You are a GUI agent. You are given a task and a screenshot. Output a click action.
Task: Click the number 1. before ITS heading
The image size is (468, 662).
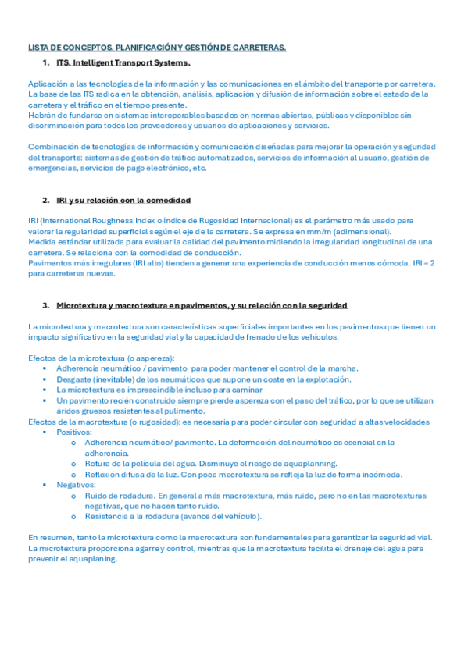pyautogui.click(x=47, y=62)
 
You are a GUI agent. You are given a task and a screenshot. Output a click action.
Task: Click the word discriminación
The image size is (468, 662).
pyautogui.click(x=56, y=125)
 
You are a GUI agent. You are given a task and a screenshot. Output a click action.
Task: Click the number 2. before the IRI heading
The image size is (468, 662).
pyautogui.click(x=47, y=200)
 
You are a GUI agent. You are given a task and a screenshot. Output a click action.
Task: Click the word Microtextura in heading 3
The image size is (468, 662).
pyautogui.click(x=85, y=304)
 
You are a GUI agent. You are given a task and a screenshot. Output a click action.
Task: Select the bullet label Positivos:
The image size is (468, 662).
pyautogui.click(x=75, y=432)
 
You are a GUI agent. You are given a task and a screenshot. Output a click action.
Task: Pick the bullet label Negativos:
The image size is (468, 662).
pyautogui.click(x=77, y=485)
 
